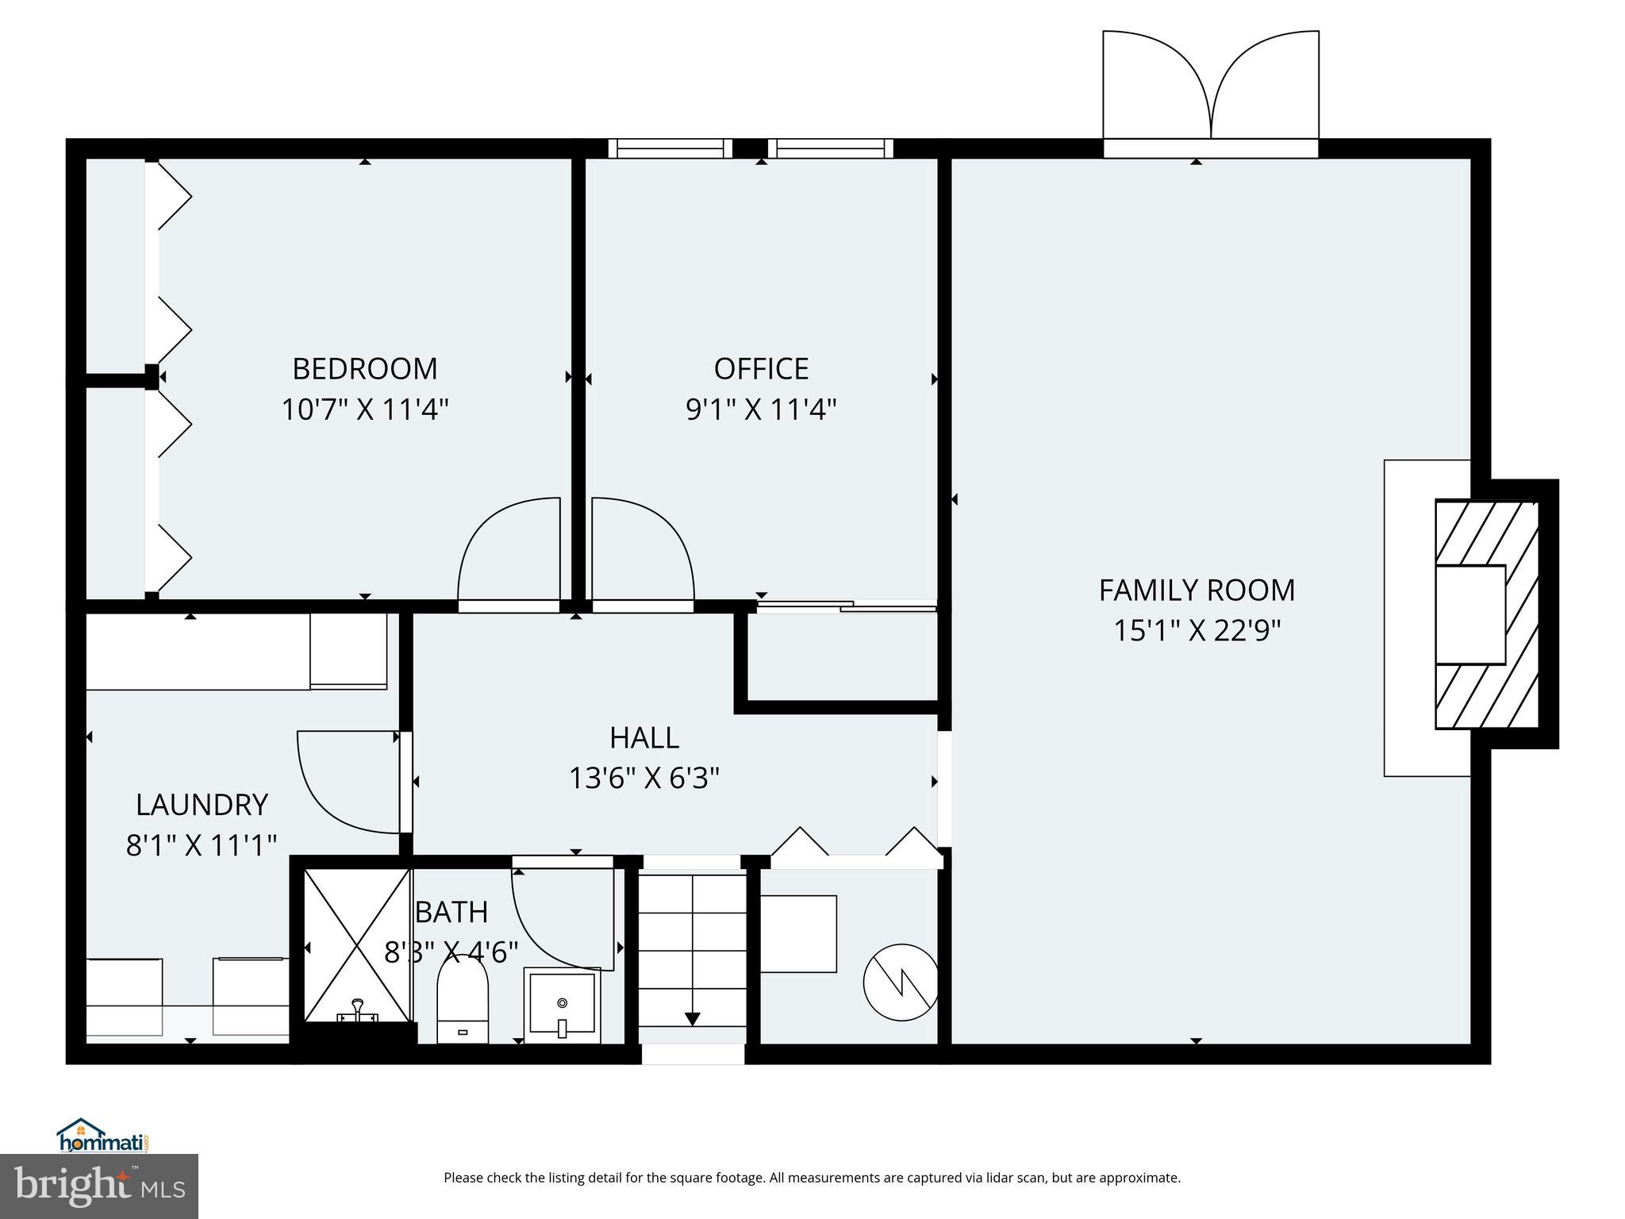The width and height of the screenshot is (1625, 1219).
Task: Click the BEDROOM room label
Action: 364,368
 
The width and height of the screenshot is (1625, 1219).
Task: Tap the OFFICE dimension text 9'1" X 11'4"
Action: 761,410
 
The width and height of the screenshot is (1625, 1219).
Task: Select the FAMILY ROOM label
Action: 1196,590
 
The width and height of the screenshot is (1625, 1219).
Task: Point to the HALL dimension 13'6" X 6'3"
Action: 643,779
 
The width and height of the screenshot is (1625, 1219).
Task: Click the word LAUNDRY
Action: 202,805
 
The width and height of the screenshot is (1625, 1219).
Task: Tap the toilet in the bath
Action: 462,1002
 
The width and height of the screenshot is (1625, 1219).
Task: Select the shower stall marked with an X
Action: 356,944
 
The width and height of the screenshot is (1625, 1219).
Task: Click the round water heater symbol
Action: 901,982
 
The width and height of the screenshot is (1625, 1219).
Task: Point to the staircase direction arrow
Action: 692,1018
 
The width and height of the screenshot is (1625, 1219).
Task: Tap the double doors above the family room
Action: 1210,87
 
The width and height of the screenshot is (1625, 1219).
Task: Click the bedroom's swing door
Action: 508,552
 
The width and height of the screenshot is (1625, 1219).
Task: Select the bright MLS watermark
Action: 99,1186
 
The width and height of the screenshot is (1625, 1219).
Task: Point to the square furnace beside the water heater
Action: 798,933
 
